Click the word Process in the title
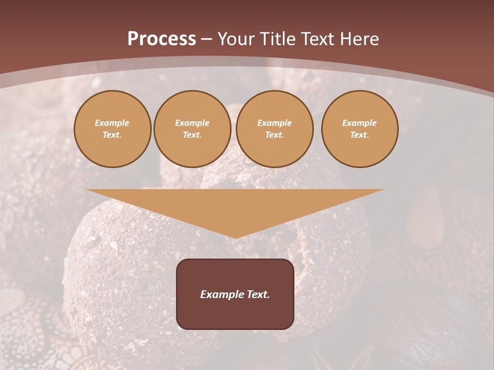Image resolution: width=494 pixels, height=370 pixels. (162, 39)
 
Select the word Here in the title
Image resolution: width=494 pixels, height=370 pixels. (359, 39)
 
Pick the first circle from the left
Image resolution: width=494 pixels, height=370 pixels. (112, 128)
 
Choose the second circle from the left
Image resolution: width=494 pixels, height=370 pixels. (192, 128)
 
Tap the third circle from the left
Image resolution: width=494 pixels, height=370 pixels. (274, 128)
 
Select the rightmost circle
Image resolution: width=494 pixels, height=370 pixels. (359, 128)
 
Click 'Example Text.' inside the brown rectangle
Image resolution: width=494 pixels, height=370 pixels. (235, 294)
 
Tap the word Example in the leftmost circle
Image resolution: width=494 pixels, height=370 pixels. (112, 123)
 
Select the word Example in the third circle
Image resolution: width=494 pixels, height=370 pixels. (274, 123)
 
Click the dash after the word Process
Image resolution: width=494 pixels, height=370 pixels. (206, 40)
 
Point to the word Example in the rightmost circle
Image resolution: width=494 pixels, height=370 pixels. (359, 123)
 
